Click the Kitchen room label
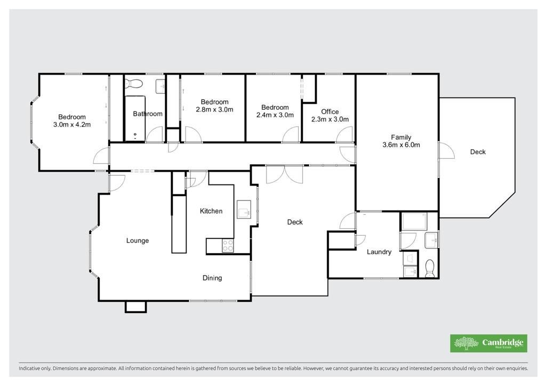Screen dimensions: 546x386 [211, 211]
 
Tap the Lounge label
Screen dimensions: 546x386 [138, 240]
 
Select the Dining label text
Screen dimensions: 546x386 [212, 278]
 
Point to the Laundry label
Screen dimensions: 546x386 [379, 252]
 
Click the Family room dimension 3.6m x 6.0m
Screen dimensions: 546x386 [401, 145]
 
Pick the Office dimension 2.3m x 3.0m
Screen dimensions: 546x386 [330, 119]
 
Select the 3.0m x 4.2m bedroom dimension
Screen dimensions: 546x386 [72, 124]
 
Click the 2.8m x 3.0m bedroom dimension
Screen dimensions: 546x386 [214, 109]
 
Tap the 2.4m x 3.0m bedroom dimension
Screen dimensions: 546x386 [275, 115]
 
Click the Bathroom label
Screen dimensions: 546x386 [148, 114]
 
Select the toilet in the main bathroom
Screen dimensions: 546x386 [134, 84]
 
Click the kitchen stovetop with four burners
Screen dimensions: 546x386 [228, 246]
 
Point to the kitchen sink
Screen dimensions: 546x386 [244, 209]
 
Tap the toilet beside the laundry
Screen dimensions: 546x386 [430, 268]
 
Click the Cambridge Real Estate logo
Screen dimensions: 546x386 [488, 343]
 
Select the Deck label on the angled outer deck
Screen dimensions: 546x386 [478, 152]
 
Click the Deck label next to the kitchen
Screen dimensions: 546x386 [295, 222]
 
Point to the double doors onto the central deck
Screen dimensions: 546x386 [285, 174]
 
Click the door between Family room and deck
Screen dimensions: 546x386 [446, 150]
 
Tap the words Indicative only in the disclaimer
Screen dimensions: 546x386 [34, 368]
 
